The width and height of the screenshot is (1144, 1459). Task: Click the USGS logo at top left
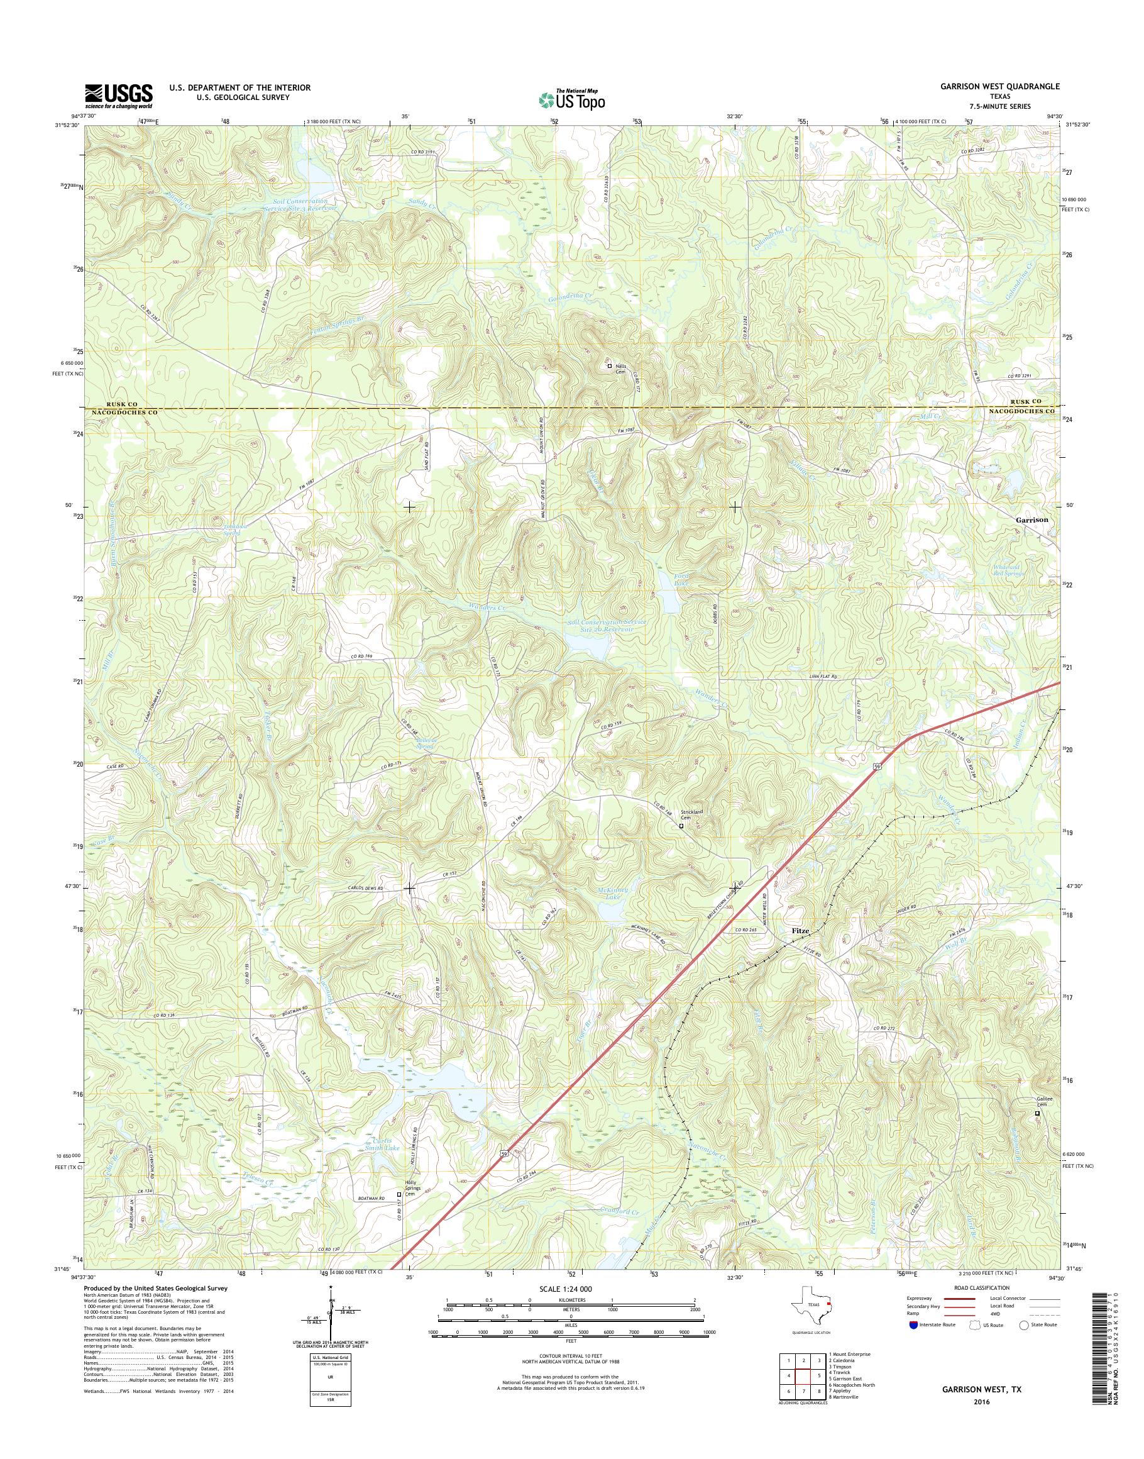tap(119, 96)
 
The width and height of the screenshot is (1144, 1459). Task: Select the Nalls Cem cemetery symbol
tap(610, 367)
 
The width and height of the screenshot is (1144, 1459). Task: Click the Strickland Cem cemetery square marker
tap(682, 826)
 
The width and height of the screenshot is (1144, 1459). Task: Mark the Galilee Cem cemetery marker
tap(1038, 1113)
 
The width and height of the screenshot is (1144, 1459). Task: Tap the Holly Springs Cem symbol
tap(399, 1194)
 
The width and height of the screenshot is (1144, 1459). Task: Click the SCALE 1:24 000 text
tap(565, 1289)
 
